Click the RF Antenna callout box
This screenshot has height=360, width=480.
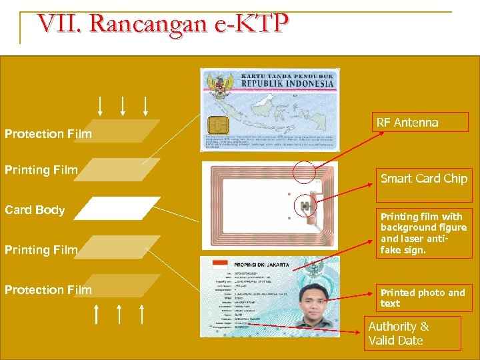pos(421,122)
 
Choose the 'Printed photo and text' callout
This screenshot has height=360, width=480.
pos(423,298)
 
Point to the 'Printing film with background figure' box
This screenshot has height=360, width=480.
pos(423,233)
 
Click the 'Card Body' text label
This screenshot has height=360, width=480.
pos(35,210)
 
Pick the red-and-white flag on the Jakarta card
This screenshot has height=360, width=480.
pos(220,265)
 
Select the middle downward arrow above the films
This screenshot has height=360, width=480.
pos(123,105)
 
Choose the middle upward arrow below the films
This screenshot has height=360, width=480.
pos(119,314)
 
